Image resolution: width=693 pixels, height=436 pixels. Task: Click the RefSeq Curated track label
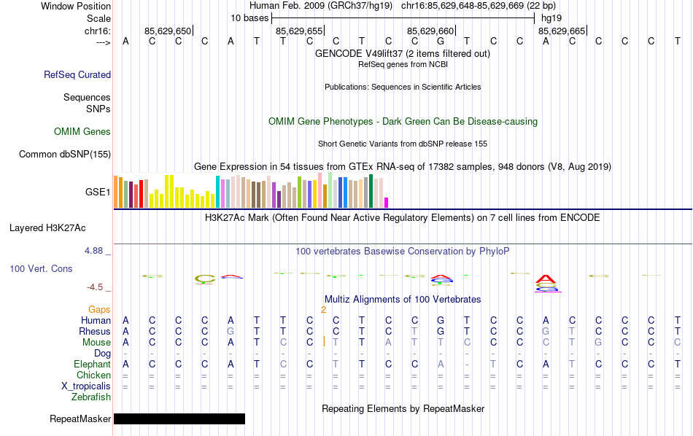pyautogui.click(x=77, y=74)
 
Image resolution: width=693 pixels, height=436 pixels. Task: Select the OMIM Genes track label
pyautogui.click(x=82, y=132)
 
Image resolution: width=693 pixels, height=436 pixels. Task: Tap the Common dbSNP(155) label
pyautogui.click(x=65, y=154)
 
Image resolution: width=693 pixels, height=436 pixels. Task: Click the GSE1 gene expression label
pyautogui.click(x=98, y=192)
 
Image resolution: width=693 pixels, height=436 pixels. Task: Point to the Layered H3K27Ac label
pyautogui.click(x=60, y=227)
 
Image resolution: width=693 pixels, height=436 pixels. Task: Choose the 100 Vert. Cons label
pyautogui.click(x=41, y=269)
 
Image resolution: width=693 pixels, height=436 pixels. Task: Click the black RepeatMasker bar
pyautogui.click(x=179, y=419)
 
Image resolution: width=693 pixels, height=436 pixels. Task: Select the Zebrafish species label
pyautogui.click(x=91, y=397)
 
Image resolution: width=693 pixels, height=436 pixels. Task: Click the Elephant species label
pyautogui.click(x=92, y=365)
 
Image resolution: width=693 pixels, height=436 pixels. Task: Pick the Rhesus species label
pyautogui.click(x=95, y=332)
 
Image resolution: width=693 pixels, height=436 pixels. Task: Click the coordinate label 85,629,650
pyautogui.click(x=168, y=31)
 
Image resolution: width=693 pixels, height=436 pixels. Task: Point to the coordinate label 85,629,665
pyautogui.click(x=562, y=31)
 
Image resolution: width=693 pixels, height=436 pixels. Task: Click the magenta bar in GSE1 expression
pyautogui.click(x=387, y=202)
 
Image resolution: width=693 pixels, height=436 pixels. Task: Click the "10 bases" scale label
pyautogui.click(x=249, y=17)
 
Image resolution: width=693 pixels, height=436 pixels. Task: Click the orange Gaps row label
pyautogui.click(x=99, y=310)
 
